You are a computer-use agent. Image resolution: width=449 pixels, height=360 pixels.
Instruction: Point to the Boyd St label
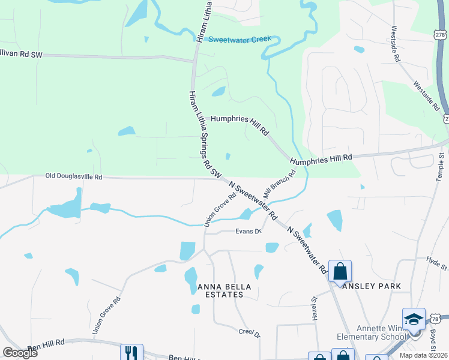tap(433, 340)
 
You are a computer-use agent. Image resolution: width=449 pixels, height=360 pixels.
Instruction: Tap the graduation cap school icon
tap(414, 319)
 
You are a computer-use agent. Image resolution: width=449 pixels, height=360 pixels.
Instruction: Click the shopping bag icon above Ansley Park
tap(340, 271)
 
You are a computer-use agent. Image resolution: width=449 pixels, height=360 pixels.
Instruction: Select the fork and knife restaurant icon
tap(131, 353)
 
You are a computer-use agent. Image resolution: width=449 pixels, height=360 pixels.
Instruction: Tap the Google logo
tap(20, 353)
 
